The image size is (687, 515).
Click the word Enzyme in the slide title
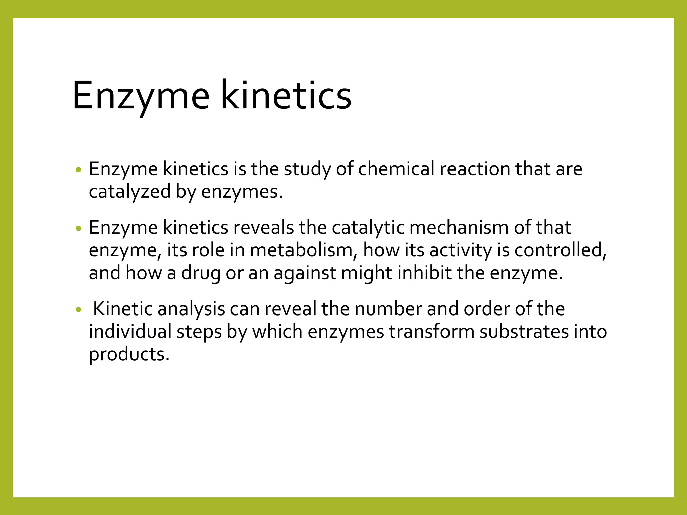coord(141,97)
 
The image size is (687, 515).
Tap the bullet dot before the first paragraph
coord(78,170)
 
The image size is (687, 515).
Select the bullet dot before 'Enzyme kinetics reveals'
coord(78,229)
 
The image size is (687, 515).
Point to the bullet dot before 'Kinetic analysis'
coord(78,310)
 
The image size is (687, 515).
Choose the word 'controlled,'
coord(561,250)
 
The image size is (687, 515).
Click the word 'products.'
coord(129,355)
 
